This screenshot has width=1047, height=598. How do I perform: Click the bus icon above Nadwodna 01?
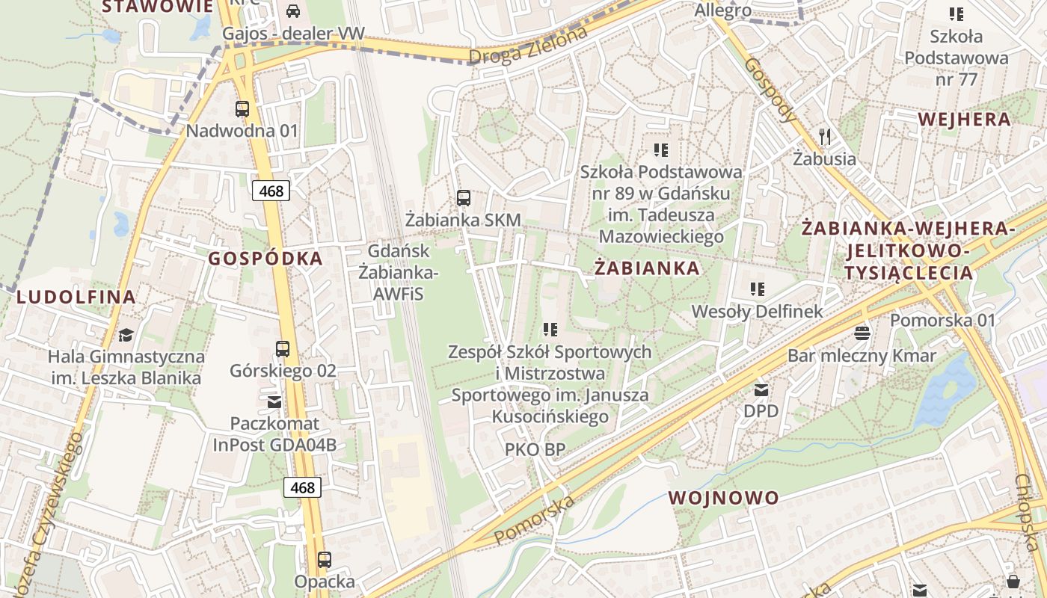point(242,109)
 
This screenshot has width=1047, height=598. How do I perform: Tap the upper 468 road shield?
point(271,191)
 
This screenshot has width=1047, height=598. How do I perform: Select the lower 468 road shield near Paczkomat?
point(302,487)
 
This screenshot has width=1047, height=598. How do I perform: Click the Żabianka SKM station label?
point(463,221)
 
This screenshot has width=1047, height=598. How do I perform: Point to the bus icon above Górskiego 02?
point(282,349)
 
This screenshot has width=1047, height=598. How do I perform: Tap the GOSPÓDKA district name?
point(265,259)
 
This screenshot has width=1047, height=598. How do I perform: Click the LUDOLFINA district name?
point(76,297)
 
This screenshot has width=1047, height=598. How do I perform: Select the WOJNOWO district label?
point(723,498)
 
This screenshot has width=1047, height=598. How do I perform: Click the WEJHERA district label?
point(964,120)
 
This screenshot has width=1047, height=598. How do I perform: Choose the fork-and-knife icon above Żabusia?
point(825,136)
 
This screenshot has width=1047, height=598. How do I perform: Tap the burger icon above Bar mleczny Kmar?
point(862,333)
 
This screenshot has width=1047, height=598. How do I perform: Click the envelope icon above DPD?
point(761,389)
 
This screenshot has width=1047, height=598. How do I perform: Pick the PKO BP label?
point(535,449)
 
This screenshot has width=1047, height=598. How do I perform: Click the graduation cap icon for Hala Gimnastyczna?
point(126,334)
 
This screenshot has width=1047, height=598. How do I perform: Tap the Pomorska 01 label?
point(943,321)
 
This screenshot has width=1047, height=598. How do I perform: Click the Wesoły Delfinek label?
point(757,312)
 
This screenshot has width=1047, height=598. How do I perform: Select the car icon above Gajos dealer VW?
point(293,11)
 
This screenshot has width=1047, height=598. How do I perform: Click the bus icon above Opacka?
point(324,560)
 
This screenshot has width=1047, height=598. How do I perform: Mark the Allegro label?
point(722,10)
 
